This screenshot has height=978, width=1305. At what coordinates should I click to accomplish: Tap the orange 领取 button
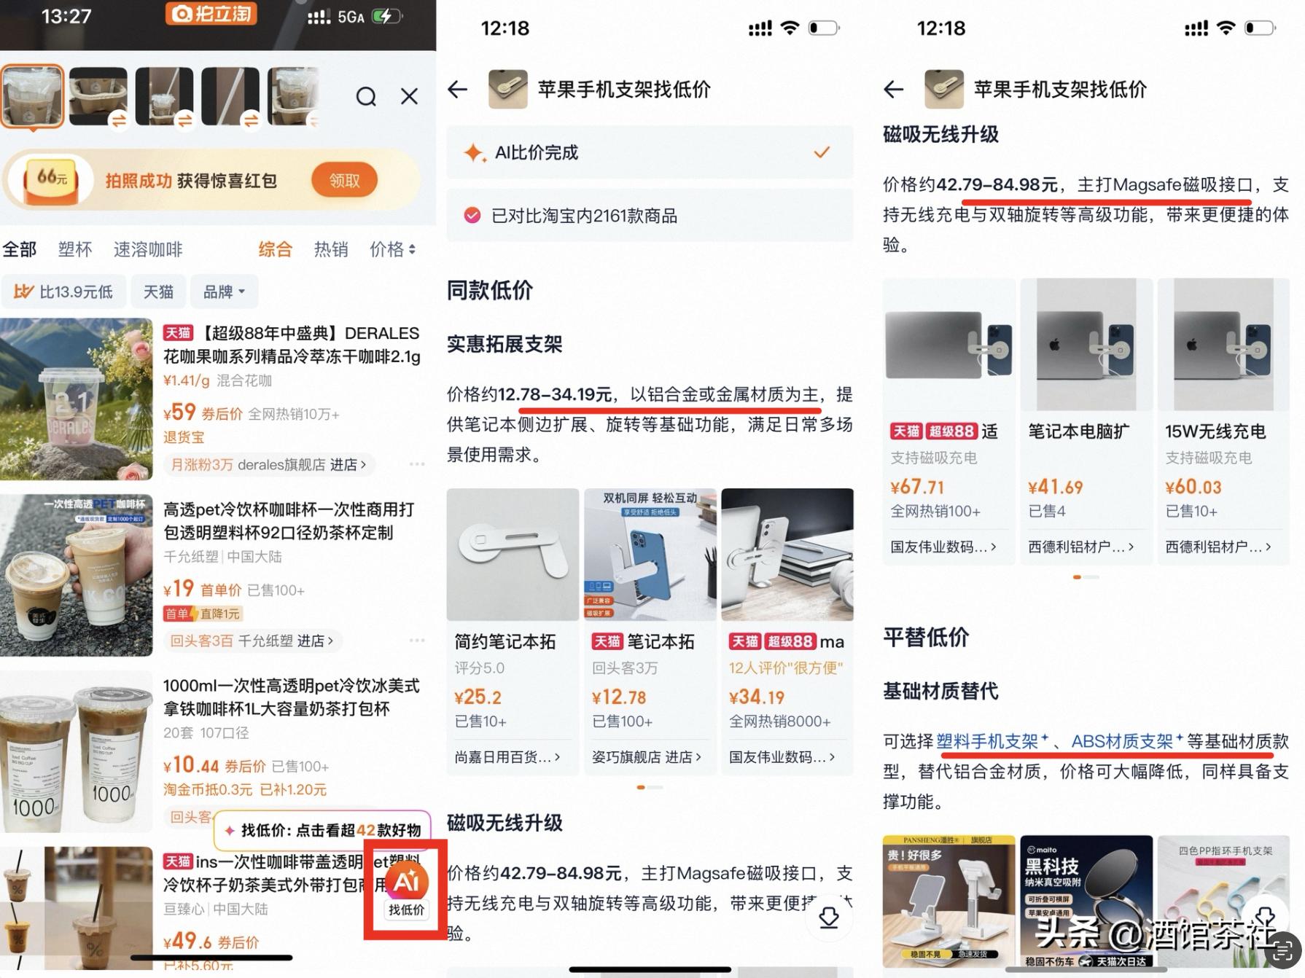coord(344,181)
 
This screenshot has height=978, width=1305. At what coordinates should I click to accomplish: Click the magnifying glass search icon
coord(366,97)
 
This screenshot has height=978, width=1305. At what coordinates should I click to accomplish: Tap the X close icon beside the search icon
coord(410,97)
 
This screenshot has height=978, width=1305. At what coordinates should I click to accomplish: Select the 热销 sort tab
coord(330,250)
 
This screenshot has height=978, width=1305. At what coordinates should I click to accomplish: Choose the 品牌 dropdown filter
coord(224,292)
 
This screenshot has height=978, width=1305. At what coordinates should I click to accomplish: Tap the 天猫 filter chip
coord(158,292)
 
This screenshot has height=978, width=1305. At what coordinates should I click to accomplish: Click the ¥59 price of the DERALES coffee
coord(180,412)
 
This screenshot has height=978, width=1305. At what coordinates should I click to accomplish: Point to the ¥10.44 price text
coord(191,765)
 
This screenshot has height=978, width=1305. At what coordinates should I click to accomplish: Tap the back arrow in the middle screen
coord(458,90)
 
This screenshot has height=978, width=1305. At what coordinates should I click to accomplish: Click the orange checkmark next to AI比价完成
coord(822,152)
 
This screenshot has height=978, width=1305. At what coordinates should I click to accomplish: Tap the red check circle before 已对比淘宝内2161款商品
coord(472,216)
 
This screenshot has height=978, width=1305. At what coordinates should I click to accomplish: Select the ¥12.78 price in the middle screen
coord(619,697)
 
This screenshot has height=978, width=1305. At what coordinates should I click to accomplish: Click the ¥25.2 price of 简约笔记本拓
coord(478,697)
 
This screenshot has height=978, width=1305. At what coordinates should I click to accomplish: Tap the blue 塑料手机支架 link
coord(987,742)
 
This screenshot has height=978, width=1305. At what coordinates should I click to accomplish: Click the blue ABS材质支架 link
coord(1122,742)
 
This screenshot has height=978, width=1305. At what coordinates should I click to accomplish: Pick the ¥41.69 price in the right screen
coord(1055,487)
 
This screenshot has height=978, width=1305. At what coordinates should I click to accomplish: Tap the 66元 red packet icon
coord(52,179)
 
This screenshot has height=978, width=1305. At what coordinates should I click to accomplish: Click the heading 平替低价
coord(926,637)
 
